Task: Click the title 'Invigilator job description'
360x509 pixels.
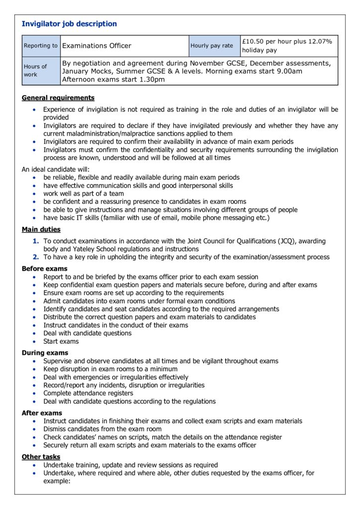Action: click(69, 24)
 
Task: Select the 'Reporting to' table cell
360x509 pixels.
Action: click(40, 46)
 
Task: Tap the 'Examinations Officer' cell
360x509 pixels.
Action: click(96, 46)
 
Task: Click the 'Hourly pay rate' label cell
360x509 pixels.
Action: click(211, 46)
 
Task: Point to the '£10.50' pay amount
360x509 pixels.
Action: click(253, 41)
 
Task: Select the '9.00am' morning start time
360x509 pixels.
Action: click(288, 72)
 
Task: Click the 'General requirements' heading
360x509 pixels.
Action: click(58, 98)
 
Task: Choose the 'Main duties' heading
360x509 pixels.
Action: click(41, 230)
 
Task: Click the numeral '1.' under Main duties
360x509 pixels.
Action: click(36, 241)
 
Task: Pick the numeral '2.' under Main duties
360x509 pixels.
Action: click(36, 257)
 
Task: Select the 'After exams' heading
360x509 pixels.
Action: click(42, 413)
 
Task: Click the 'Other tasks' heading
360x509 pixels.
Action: click(41, 457)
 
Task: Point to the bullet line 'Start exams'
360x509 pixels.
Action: click(61, 341)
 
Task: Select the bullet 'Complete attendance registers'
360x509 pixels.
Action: click(88, 393)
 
